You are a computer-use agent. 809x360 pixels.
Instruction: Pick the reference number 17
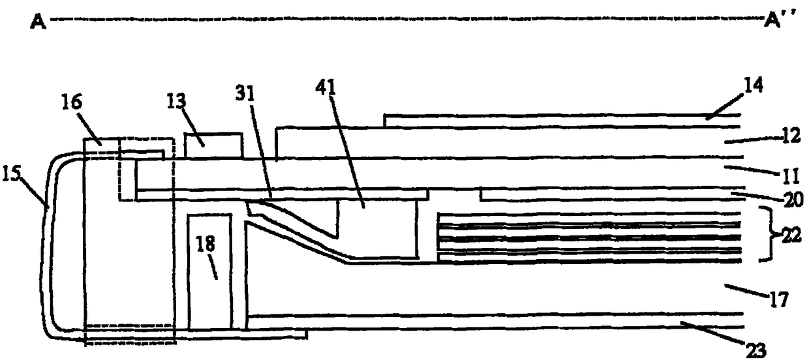point(780,301)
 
